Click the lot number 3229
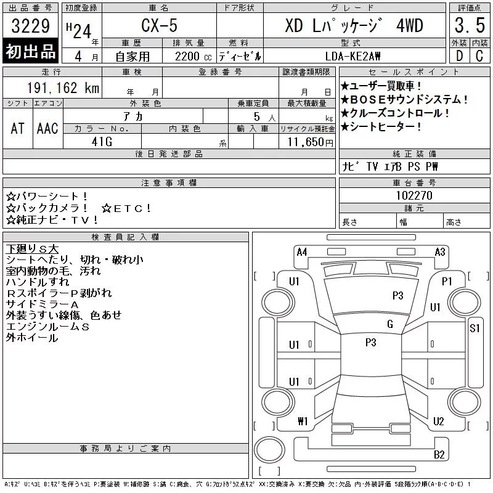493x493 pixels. tap(30, 26)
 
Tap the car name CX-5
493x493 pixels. tap(159, 25)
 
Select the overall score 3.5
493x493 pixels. tap(470, 25)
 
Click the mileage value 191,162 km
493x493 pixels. tap(63, 88)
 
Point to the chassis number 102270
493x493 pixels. tap(414, 195)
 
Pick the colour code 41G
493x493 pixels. tap(102, 142)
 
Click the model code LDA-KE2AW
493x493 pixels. tap(352, 56)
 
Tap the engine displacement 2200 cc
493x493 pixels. tap(193, 57)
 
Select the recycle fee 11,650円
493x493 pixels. tap(310, 142)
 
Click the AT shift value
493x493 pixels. tap(18, 128)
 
